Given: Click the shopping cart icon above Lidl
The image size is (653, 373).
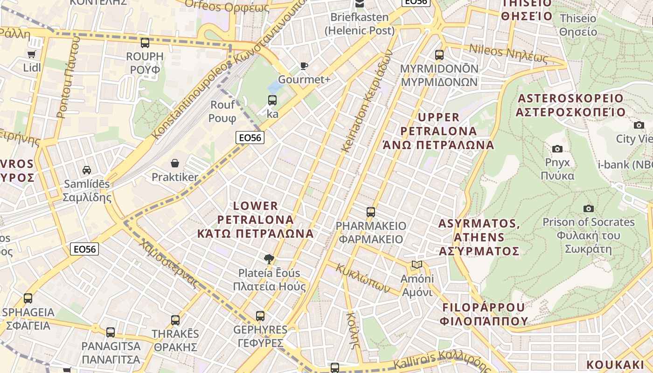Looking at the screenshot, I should (x=32, y=54).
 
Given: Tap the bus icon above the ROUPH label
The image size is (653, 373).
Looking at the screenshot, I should (x=145, y=43).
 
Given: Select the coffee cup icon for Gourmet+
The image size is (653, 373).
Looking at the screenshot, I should (x=304, y=66).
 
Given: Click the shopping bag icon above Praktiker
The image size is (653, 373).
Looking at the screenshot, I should (x=175, y=163).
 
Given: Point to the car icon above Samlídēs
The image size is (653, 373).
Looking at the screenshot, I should (x=87, y=170).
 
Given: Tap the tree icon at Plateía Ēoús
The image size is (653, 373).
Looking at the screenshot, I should (x=269, y=259).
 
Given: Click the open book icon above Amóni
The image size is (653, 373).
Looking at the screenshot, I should (x=417, y=265).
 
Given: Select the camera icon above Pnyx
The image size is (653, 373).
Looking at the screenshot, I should (x=557, y=149).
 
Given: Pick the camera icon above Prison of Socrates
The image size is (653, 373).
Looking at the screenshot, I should (x=589, y=208).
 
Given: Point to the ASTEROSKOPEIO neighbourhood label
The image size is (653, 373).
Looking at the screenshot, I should (x=570, y=105).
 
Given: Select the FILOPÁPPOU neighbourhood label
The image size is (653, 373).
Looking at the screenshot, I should (x=484, y=314).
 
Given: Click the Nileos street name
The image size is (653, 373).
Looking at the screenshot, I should (x=508, y=53).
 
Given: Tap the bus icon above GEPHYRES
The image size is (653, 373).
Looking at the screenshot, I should (x=260, y=316).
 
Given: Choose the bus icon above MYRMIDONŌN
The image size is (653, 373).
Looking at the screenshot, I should (x=439, y=55).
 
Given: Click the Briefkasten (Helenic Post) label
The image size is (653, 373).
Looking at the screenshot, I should (x=360, y=24).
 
